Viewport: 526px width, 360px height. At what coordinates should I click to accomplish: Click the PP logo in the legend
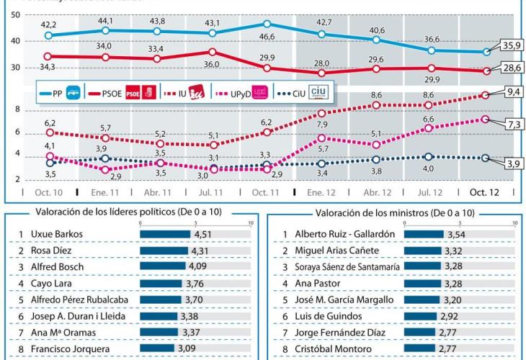click(x=74, y=93)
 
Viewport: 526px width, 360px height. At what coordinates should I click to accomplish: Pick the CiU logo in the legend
click(x=318, y=92)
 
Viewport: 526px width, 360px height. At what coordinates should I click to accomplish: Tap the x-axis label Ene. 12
click(x=321, y=192)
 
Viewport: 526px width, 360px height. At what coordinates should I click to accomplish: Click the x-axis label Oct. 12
click(x=484, y=192)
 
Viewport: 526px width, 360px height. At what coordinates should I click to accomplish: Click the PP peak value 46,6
click(x=267, y=36)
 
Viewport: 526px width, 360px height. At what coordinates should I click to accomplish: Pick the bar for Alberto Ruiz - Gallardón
click(x=424, y=234)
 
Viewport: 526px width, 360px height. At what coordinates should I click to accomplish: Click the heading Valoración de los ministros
click(x=394, y=213)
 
